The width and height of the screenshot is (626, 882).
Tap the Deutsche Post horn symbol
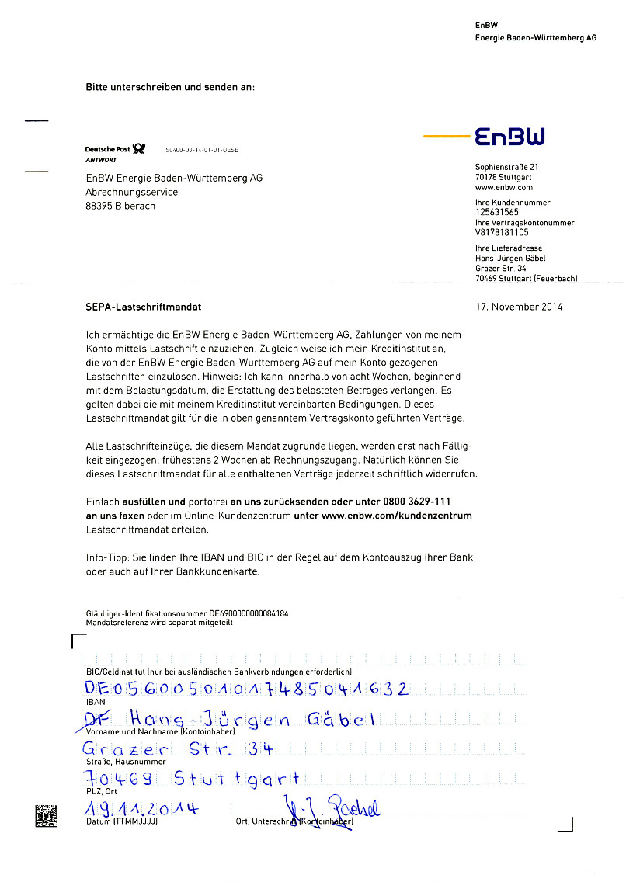[138, 148]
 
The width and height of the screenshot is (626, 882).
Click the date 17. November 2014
[519, 307]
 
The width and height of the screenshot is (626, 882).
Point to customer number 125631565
[497, 212]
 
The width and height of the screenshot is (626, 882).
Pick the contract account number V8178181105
[502, 232]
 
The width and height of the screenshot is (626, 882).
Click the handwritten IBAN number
[245, 689]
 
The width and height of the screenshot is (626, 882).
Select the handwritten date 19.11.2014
[140, 809]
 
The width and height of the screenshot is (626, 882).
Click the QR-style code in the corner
[46, 816]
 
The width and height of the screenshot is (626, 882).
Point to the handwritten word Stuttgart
[236, 778]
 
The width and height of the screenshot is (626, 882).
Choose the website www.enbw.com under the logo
[504, 187]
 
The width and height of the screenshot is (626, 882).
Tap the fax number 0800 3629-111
[416, 502]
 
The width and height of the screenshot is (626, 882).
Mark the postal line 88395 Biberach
[120, 207]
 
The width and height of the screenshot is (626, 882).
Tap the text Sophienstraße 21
[507, 167]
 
